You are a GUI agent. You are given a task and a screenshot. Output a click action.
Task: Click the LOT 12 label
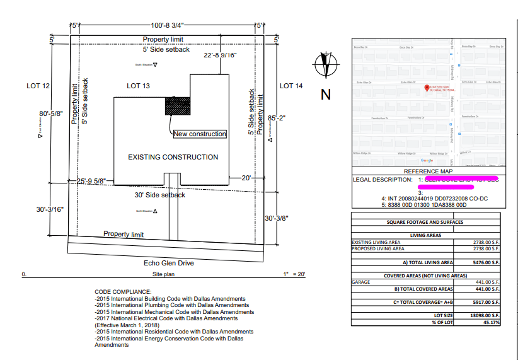coord(38,86)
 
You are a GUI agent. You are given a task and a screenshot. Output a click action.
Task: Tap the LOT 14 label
coord(291,86)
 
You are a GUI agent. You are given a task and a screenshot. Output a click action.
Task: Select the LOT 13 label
coord(138,86)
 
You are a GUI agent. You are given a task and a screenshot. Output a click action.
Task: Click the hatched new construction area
coord(178,105)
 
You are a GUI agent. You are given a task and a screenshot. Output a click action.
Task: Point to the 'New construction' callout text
coord(199,134)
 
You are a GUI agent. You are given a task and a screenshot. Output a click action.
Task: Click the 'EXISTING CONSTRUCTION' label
coord(173,157)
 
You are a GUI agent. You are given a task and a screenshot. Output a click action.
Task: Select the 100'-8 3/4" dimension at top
coord(167,25)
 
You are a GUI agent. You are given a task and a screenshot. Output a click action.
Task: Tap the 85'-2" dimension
coord(277,118)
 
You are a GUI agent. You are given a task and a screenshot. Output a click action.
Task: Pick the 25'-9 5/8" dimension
coord(91,181)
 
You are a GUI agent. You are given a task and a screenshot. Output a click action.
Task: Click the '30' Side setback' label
coord(160,195)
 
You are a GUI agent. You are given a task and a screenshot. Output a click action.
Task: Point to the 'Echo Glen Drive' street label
coord(168,263)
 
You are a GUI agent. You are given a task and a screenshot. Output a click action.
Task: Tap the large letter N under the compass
coord(326,95)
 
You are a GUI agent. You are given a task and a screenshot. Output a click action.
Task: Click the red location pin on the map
coord(427,88)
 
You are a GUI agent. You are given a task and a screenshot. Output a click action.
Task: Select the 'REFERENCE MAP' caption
coord(428,171)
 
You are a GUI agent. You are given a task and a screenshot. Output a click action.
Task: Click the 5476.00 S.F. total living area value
coord(486,262)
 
